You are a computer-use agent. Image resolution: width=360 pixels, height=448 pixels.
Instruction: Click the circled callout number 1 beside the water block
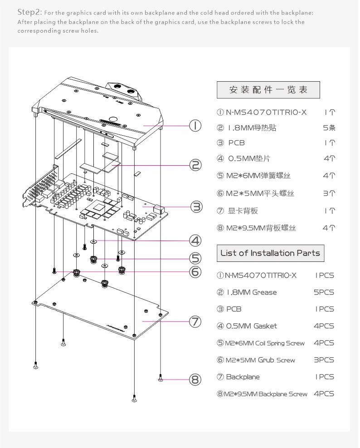(195, 125)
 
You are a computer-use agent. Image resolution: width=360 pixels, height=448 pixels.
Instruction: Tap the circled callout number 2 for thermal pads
(195, 165)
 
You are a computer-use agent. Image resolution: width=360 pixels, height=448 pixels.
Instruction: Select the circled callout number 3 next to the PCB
(196, 207)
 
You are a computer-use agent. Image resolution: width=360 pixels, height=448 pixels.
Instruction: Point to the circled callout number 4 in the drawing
(195, 240)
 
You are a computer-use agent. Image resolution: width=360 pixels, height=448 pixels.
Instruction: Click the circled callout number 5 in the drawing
(195, 258)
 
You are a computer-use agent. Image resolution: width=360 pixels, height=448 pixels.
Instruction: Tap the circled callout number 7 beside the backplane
(195, 322)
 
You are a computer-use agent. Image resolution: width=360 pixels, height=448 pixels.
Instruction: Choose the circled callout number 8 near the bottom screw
(195, 379)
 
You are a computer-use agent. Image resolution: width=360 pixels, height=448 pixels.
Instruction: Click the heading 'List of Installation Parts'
(270, 253)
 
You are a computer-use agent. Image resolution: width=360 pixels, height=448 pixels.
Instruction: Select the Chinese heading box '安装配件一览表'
(268, 90)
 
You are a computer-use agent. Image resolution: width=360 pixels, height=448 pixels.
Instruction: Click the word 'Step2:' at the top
(29, 12)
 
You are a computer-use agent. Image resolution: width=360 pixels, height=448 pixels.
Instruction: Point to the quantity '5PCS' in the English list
(324, 292)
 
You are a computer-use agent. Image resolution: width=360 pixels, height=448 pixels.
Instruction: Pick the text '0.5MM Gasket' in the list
(251, 326)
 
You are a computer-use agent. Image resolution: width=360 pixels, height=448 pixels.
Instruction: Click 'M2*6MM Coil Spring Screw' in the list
(265, 343)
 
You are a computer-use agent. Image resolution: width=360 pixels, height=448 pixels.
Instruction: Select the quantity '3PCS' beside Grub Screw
(324, 360)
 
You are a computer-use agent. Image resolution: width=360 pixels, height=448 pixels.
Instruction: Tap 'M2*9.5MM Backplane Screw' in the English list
(266, 394)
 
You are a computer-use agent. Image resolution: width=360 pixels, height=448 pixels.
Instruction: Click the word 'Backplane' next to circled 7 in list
(243, 377)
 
